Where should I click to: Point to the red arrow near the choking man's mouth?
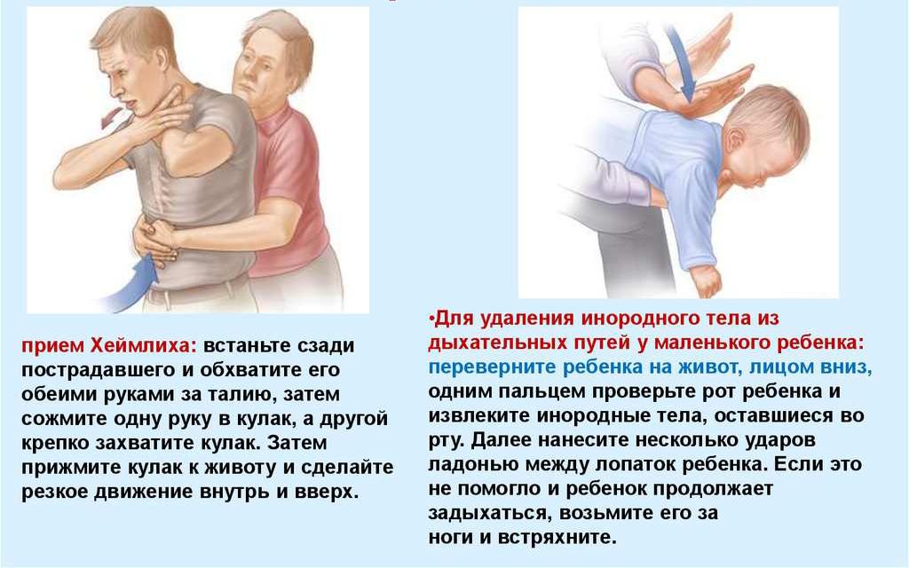tap(111, 118)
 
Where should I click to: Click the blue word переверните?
tap(493, 367)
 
